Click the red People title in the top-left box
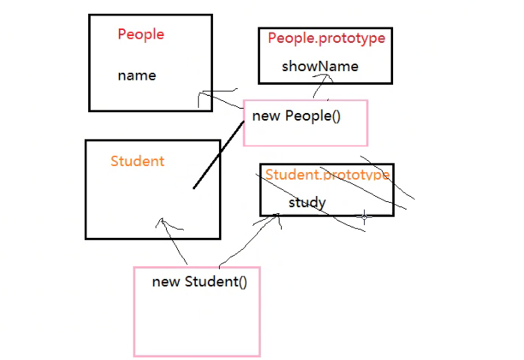click(140, 34)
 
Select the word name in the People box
click(137, 75)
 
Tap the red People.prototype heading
click(327, 38)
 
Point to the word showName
click(320, 66)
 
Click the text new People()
click(296, 115)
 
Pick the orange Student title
click(137, 161)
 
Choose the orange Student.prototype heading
click(327, 174)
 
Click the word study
click(307, 203)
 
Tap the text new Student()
click(199, 281)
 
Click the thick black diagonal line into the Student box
click(218, 155)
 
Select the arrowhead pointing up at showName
click(322, 78)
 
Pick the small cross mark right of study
click(365, 216)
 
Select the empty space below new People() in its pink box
click(305, 134)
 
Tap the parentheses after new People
click(335, 115)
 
